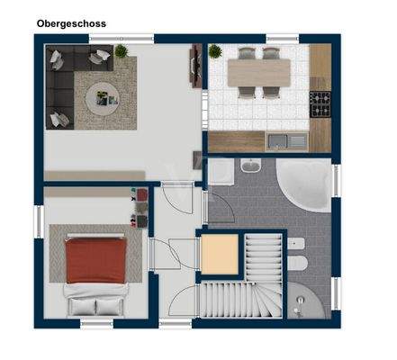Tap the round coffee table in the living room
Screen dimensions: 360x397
pyautogui.click(x=100, y=94)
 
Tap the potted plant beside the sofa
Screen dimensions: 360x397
pyautogui.click(x=121, y=52)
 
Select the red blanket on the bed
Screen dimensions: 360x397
pyautogui.click(x=93, y=257)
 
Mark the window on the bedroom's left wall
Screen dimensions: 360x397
pyautogui.click(x=40, y=220)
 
